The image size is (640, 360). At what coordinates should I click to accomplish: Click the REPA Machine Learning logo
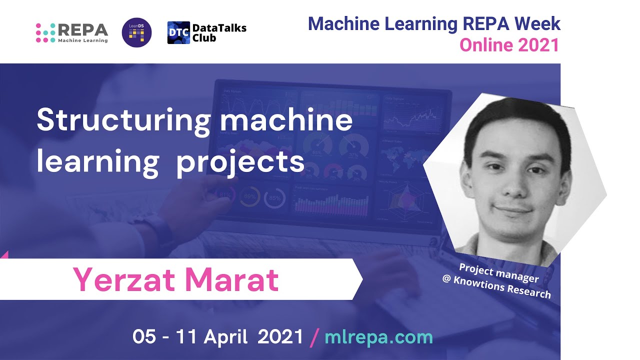(72, 32)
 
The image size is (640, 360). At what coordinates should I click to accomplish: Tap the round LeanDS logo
(136, 33)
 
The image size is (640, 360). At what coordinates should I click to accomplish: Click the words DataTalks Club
(219, 33)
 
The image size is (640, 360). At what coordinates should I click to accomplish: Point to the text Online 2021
(509, 45)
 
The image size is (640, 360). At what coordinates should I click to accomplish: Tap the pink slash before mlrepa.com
(314, 337)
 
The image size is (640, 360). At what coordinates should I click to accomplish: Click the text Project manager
(498, 273)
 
